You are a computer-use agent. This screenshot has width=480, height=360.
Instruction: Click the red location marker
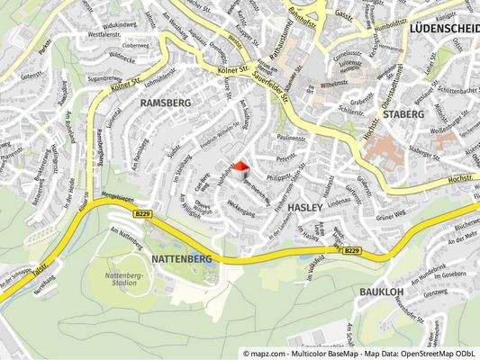(x=239, y=166)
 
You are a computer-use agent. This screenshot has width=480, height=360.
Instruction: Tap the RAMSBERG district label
(x=166, y=103)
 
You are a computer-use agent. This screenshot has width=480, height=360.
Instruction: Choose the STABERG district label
(x=403, y=115)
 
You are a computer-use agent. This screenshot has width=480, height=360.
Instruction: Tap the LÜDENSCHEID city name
(x=443, y=29)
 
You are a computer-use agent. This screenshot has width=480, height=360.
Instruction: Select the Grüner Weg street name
(x=391, y=217)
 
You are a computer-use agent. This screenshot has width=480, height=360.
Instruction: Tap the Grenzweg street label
(x=435, y=293)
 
